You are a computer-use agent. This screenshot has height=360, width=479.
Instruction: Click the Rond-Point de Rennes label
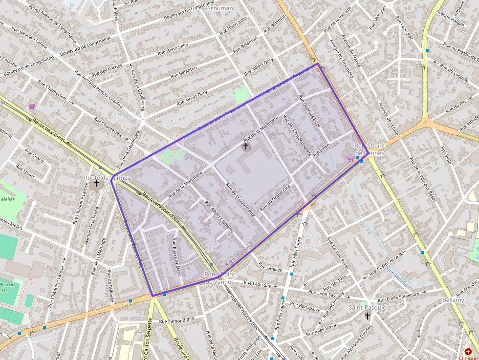[369, 149]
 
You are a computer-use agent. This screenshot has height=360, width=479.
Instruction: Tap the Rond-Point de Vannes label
[219, 278]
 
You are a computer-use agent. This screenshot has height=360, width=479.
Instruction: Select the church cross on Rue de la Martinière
[246, 146]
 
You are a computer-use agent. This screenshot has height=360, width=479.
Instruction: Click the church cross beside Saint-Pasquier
[368, 316]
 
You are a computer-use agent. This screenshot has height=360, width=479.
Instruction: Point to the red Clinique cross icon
[468, 351]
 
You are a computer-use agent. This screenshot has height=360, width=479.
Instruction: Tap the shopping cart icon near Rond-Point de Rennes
[350, 158]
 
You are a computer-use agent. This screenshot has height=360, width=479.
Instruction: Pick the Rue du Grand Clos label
[275, 197]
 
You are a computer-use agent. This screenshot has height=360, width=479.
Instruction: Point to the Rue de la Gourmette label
[240, 200]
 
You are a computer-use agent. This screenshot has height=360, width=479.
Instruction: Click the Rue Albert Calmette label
[219, 216]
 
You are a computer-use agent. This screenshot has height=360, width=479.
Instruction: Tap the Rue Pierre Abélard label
[176, 256]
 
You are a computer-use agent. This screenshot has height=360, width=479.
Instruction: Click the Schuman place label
[220, 8]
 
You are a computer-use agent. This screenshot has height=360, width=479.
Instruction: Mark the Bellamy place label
[453, 300]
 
